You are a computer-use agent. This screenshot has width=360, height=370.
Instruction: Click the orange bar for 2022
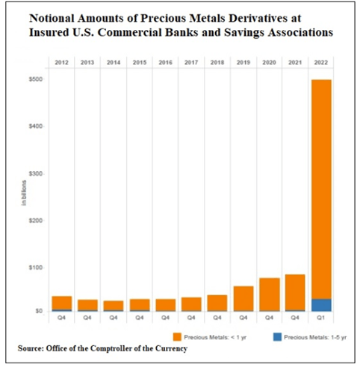pos(321,189)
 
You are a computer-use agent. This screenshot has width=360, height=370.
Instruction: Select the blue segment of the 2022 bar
pos(321,305)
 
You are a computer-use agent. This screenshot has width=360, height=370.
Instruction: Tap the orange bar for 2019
pos(243,298)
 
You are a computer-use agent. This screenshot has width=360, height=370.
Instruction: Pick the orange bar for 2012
pos(62,303)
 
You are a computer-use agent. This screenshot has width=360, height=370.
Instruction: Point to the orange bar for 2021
pos(295,292)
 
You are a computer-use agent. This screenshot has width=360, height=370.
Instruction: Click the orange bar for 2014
pos(114,306)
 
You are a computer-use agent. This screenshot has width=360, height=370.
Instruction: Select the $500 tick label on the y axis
pos(36,79)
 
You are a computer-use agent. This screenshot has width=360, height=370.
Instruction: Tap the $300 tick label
pos(36,173)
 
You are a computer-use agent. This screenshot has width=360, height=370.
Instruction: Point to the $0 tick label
pos(39,311)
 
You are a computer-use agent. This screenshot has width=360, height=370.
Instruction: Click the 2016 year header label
pos(166,62)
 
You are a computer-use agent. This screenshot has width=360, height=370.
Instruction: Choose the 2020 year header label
pos(269,62)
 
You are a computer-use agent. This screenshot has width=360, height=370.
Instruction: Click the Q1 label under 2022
pos(321,318)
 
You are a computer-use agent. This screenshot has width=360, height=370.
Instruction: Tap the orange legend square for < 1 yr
pos(177,337)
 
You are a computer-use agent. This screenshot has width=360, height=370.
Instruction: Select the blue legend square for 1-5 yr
pos(277,337)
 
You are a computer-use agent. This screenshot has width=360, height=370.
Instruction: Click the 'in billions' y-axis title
pos(24,193)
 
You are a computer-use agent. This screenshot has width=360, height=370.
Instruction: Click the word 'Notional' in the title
pos(52,18)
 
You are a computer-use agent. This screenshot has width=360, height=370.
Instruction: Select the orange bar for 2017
pos(191,304)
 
